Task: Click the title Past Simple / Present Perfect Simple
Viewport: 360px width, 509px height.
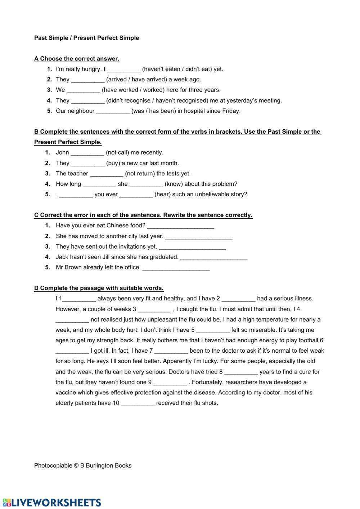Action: [86, 38]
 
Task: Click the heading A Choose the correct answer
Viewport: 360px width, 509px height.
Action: [77, 59]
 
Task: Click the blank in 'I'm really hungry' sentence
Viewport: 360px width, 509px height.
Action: [123, 70]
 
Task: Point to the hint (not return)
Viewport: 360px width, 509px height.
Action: [140, 174]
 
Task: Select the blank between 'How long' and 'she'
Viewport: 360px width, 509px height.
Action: [99, 184]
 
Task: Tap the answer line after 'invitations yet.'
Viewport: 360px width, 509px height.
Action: [192, 247]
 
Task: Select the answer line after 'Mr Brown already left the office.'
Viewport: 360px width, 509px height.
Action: [176, 268]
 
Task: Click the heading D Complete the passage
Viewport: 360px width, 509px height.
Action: [99, 288]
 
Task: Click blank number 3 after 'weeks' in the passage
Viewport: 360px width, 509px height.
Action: [154, 310]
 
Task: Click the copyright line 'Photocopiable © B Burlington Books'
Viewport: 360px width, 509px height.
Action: [83, 465]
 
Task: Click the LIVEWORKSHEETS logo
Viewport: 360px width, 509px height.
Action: [52, 503]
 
